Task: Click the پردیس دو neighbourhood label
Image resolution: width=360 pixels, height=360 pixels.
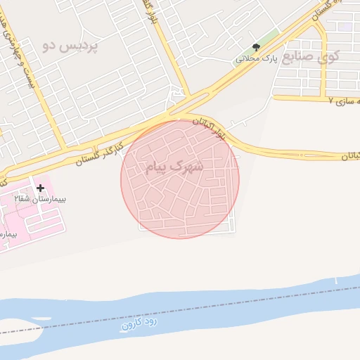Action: point(70,46)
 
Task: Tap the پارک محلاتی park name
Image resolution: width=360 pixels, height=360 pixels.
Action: point(257,58)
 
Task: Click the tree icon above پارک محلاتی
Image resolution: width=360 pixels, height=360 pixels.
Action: point(255,47)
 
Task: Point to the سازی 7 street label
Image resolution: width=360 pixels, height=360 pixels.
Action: point(344,101)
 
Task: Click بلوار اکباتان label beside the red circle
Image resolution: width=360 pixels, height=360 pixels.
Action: point(212,127)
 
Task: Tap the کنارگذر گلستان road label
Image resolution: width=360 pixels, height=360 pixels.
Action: point(98,153)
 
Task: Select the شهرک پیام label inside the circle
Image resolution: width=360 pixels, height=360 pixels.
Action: point(174,167)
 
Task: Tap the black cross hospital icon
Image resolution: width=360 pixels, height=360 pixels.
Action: point(40,188)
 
